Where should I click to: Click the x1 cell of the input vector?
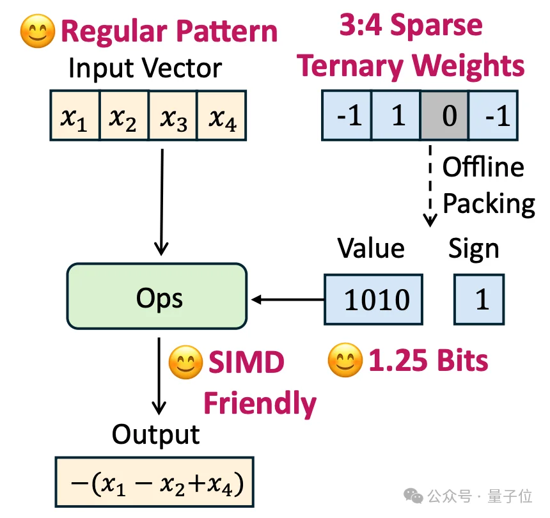click(x=75, y=115)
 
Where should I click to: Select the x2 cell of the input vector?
click(x=125, y=115)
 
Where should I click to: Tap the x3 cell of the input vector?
click(x=173, y=115)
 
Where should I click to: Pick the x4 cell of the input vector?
click(x=222, y=115)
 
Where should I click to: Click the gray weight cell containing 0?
click(x=444, y=115)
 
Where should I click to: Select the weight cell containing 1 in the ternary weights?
click(x=396, y=115)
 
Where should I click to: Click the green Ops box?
click(x=157, y=296)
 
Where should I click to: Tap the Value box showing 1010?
click(x=373, y=299)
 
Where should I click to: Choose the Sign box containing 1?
click(x=479, y=299)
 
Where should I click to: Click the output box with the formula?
click(x=154, y=482)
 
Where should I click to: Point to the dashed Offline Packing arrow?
click(x=430, y=186)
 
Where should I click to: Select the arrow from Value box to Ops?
click(x=288, y=299)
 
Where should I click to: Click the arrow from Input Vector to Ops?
click(x=162, y=202)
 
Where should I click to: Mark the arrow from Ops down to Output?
click(x=159, y=376)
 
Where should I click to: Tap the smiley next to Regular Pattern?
click(x=38, y=31)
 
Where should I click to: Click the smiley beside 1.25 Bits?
click(x=345, y=360)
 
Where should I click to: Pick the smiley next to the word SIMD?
click(x=185, y=363)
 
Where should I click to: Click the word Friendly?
click(x=260, y=404)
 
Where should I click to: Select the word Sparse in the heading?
click(x=436, y=25)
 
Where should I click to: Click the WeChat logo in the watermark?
click(x=413, y=495)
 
